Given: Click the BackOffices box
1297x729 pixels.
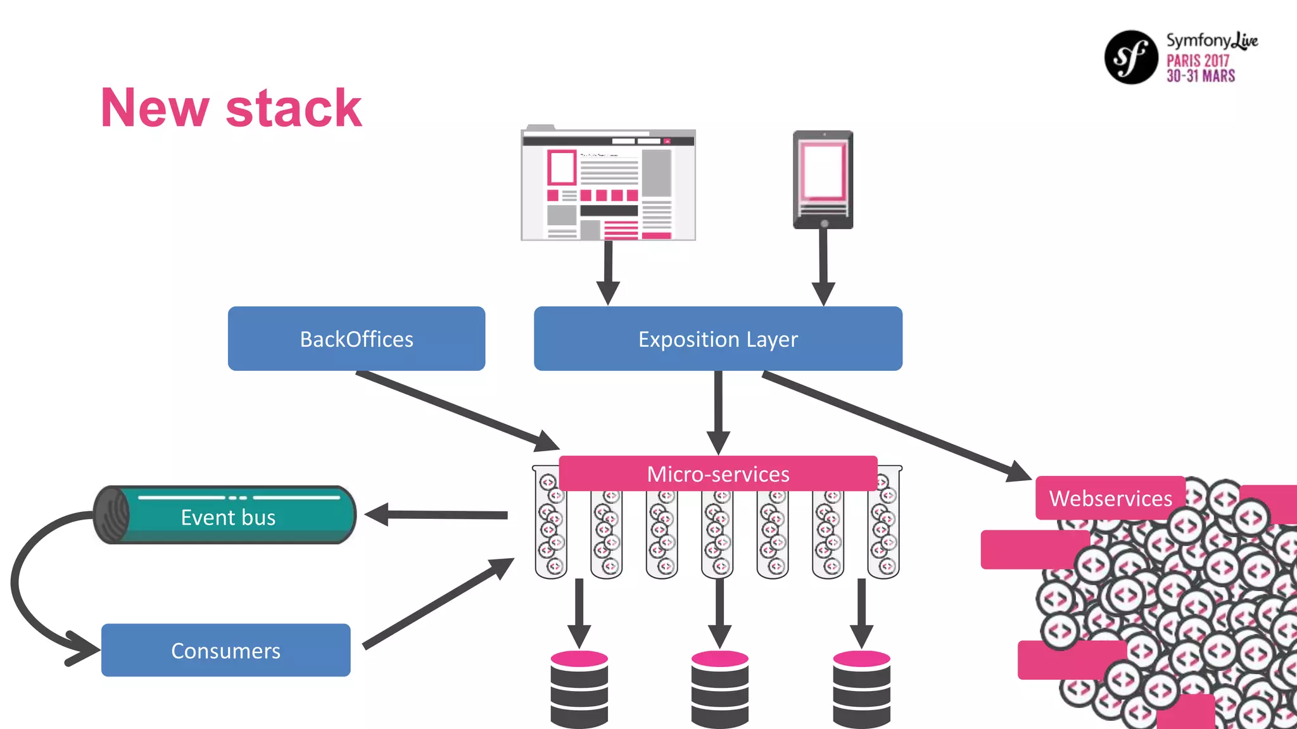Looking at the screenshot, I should pos(357,339).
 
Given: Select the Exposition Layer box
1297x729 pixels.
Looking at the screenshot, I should pos(718,339).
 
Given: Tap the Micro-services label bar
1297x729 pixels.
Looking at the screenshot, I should pos(718,473).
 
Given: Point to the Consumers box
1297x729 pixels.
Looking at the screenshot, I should pos(225,650).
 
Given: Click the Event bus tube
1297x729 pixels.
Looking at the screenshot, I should pos(228,515).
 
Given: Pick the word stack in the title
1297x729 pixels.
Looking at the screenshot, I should pos(293,108).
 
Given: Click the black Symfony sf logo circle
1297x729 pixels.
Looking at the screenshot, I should pos(1131,57).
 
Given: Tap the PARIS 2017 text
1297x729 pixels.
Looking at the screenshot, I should pos(1198,61).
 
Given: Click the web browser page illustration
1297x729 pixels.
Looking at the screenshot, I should pos(608,185).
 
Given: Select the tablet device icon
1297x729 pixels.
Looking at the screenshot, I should pos(823,180).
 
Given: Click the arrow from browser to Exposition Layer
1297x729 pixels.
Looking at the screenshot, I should pos(608,272).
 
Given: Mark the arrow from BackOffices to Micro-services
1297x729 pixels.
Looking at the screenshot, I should pos(456,410).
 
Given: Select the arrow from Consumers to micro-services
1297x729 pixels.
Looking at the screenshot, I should pos(437,604).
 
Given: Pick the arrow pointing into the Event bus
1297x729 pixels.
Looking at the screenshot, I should pos(437,514).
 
